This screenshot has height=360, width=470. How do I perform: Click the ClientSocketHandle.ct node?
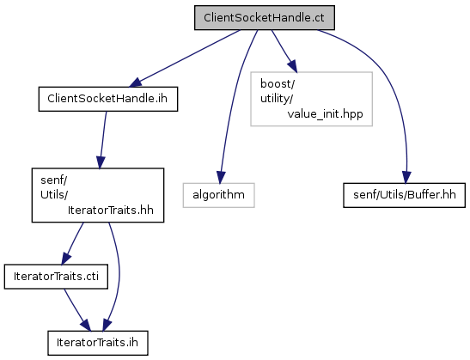pos(265,18)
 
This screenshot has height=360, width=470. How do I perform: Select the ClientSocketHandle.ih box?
pos(108,99)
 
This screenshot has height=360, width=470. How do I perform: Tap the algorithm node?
pos(219,195)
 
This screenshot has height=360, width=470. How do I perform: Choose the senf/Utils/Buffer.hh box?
pos(405,195)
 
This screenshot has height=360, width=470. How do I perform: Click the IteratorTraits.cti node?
pos(56,277)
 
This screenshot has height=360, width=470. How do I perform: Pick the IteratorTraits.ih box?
pos(98,343)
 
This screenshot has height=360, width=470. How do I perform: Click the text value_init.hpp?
pos(326,114)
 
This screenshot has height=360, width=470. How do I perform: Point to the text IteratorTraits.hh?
pos(111,211)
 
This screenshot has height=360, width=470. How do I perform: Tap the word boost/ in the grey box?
pos(278,84)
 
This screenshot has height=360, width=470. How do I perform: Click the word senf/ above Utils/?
pos(54,180)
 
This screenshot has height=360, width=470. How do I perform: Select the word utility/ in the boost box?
pos(277,99)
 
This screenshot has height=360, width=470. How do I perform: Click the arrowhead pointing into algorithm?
pos(221,178)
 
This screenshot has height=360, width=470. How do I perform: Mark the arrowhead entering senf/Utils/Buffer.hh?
pos(406,178)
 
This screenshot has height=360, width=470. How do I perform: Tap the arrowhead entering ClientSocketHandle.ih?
pos(135,82)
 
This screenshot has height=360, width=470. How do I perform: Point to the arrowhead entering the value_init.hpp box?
pos(293,66)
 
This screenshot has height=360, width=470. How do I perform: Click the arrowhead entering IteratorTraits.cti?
pos(66,259)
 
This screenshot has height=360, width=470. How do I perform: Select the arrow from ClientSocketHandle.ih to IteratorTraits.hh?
pos(103,140)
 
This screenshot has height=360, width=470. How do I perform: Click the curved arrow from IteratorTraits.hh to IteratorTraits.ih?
pos(119,276)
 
